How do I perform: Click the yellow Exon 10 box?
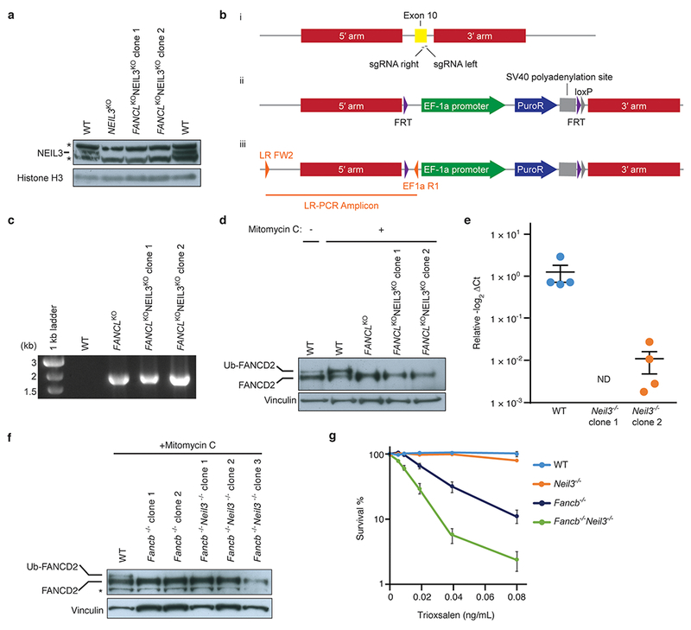(421, 35)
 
